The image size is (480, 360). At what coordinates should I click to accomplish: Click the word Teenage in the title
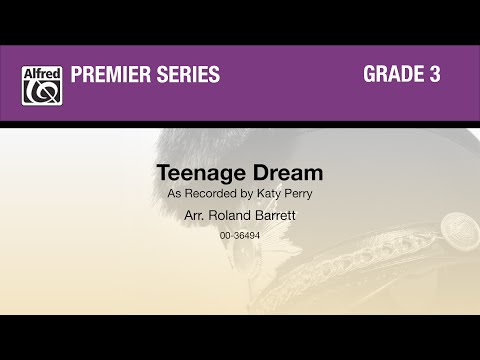194,174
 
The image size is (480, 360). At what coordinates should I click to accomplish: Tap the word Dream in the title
275,174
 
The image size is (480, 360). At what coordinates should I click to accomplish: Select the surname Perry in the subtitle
298,193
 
